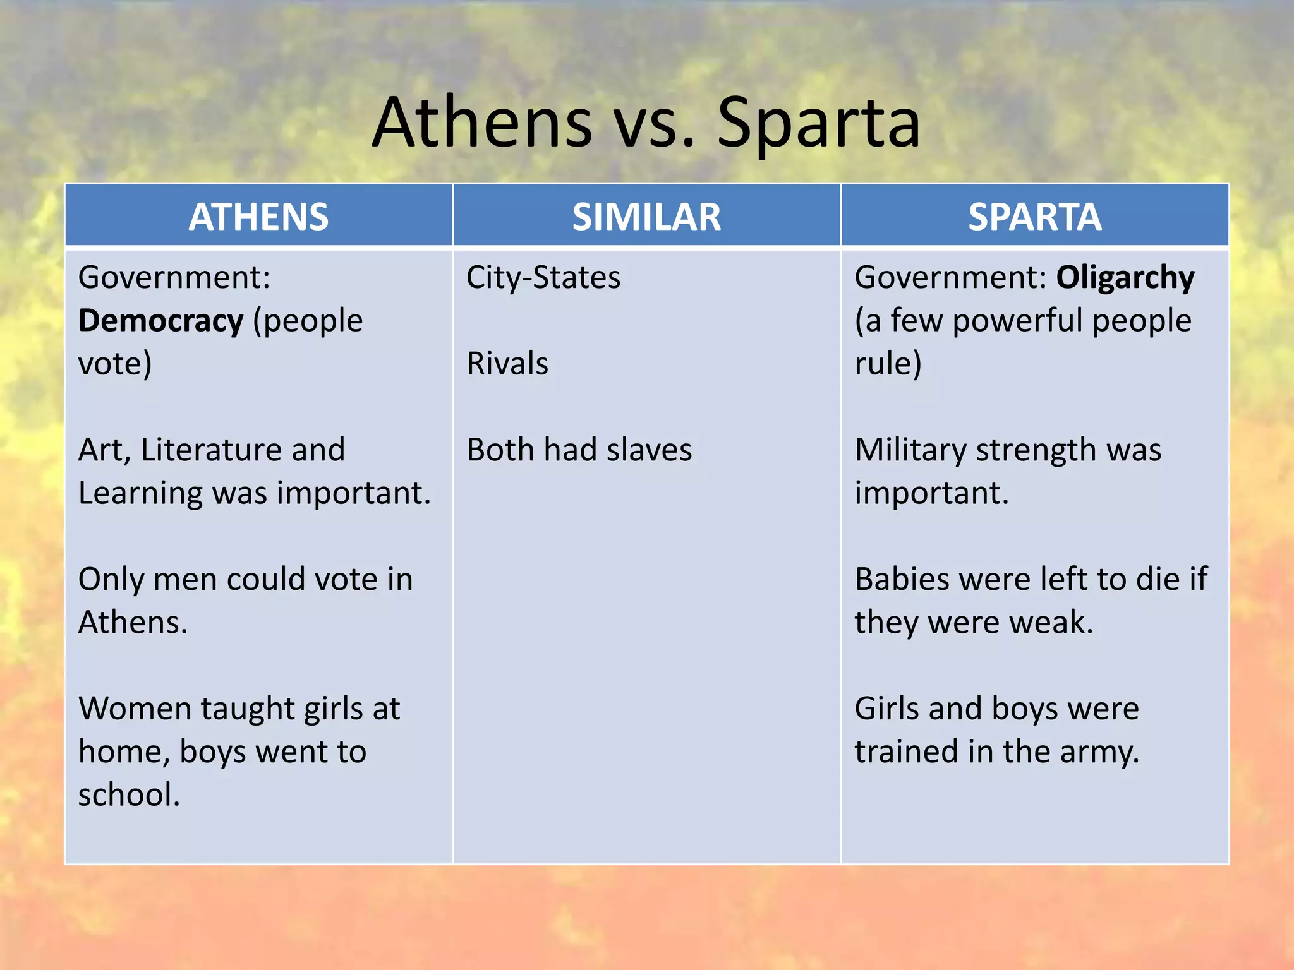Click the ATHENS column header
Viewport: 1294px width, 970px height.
tap(258, 217)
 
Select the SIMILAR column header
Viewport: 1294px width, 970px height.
tap(646, 217)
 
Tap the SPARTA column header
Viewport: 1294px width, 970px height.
tap(1034, 217)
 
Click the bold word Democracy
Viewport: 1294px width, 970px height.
tap(160, 321)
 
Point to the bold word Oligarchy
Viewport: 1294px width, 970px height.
tap(1125, 277)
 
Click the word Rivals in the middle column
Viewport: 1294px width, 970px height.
tap(507, 364)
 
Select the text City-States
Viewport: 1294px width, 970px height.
tap(543, 277)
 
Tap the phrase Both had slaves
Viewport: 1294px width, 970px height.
tap(579, 450)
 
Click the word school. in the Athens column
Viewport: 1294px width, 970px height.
tap(129, 795)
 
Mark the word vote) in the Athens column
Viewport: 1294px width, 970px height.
tap(114, 364)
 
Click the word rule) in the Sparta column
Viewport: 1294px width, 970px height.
tap(888, 364)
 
